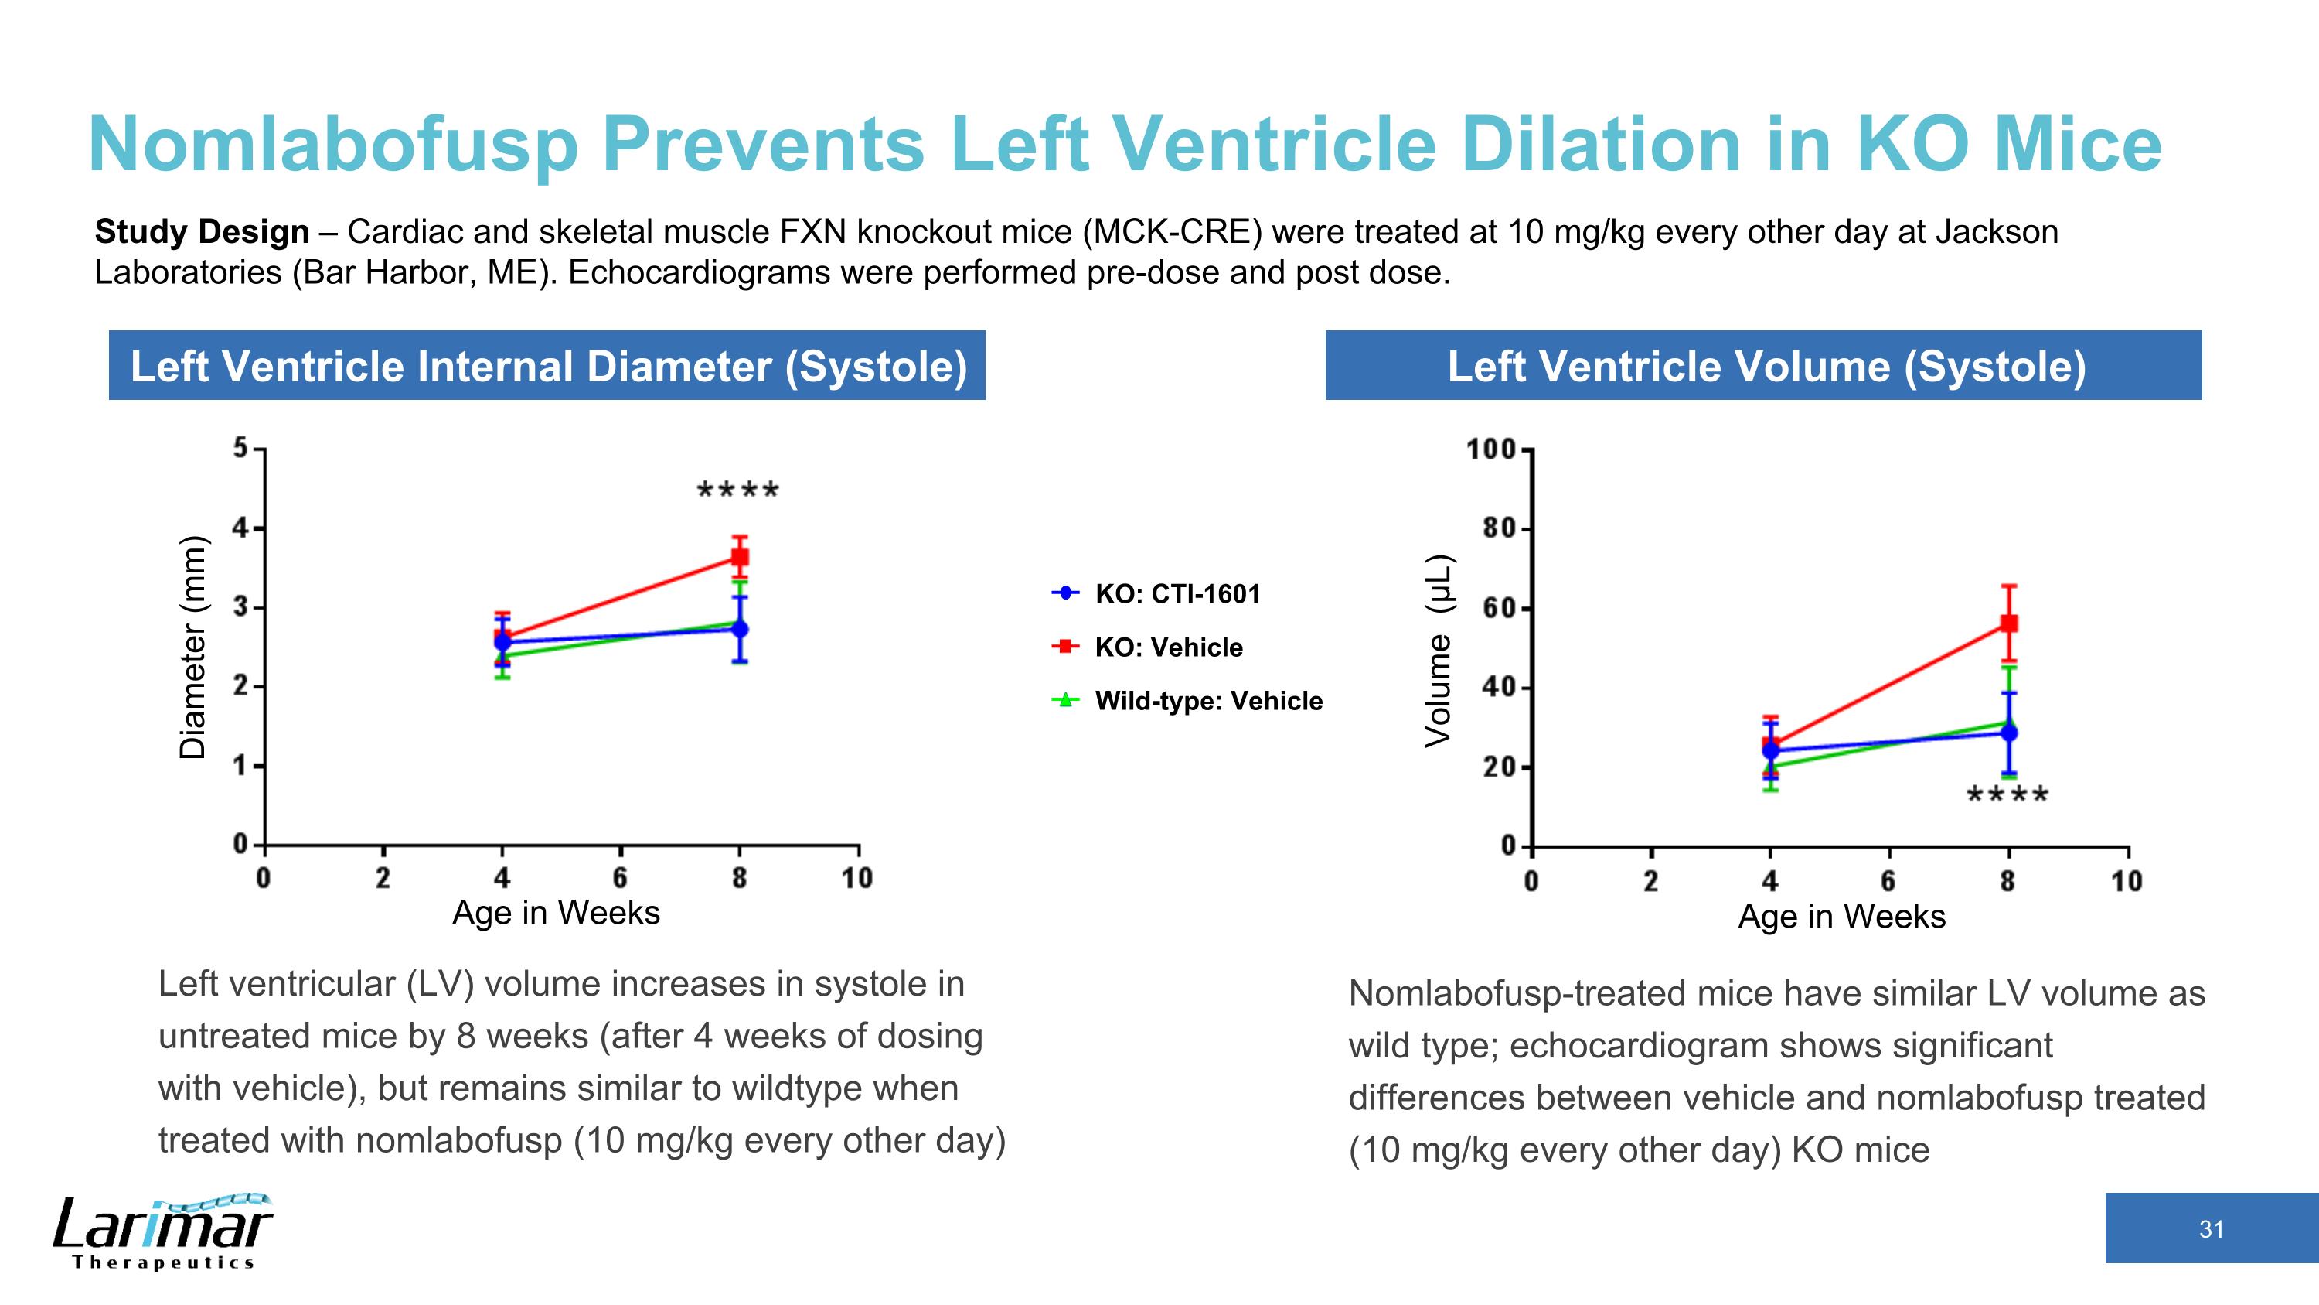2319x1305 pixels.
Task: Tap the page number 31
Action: (x=2211, y=1229)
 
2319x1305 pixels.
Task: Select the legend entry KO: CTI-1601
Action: (x=1177, y=593)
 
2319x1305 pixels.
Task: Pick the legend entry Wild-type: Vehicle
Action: (x=1207, y=701)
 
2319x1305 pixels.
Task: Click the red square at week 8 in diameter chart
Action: (x=739, y=558)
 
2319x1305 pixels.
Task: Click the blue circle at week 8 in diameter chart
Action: (x=739, y=629)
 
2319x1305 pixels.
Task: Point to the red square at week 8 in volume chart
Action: (x=2008, y=623)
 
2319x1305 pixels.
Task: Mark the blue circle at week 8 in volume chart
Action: (x=2008, y=733)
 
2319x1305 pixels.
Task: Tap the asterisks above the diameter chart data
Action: (x=738, y=492)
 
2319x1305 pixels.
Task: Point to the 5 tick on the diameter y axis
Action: (x=240, y=448)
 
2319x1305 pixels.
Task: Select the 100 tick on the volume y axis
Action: (x=1493, y=449)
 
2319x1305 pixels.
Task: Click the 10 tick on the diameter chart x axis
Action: (x=857, y=878)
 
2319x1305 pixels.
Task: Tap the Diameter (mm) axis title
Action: (x=192, y=647)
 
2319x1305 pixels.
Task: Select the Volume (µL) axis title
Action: (x=1438, y=651)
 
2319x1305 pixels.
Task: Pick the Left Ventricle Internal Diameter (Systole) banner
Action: (x=547, y=366)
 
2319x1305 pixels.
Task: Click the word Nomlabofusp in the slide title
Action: (x=333, y=145)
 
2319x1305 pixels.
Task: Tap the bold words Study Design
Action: (x=202, y=232)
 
